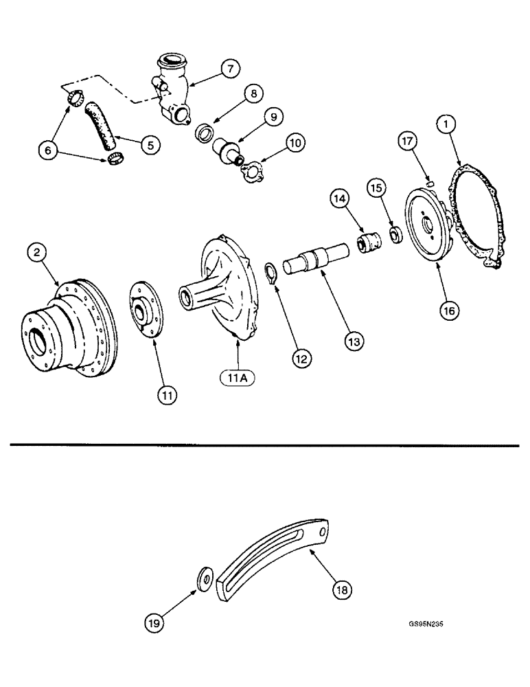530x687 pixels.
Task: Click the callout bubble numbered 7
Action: [x=230, y=68]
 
